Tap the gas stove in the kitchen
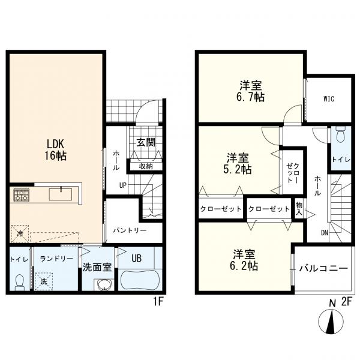[x=22, y=194]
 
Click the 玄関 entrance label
[x=145, y=143]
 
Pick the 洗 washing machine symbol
[x=44, y=281]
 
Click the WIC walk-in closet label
[x=328, y=99]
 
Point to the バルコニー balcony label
[x=323, y=268]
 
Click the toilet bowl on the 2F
[x=340, y=133]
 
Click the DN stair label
[x=324, y=233]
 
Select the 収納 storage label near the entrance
[x=145, y=166]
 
